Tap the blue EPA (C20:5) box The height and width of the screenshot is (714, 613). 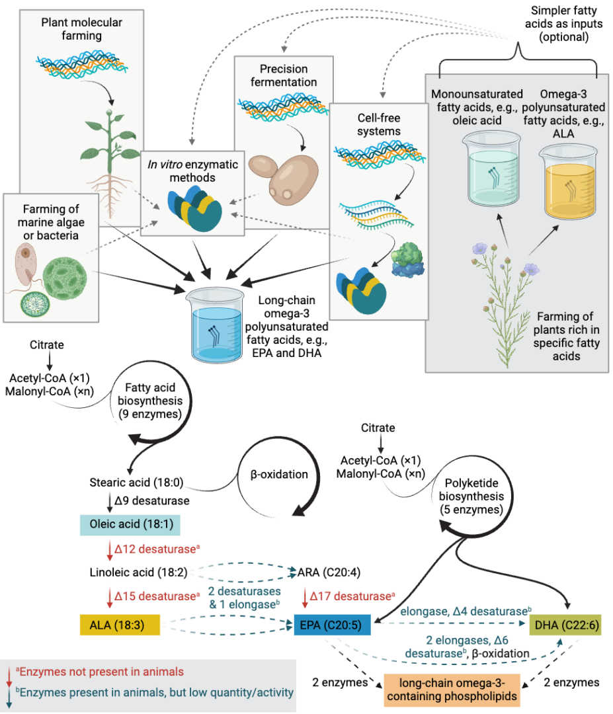click(331, 624)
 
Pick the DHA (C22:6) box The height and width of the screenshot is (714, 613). click(565, 624)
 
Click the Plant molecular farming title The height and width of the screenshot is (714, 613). click(82, 29)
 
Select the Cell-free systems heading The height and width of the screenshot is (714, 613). click(379, 124)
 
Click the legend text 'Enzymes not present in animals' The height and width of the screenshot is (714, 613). click(101, 672)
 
